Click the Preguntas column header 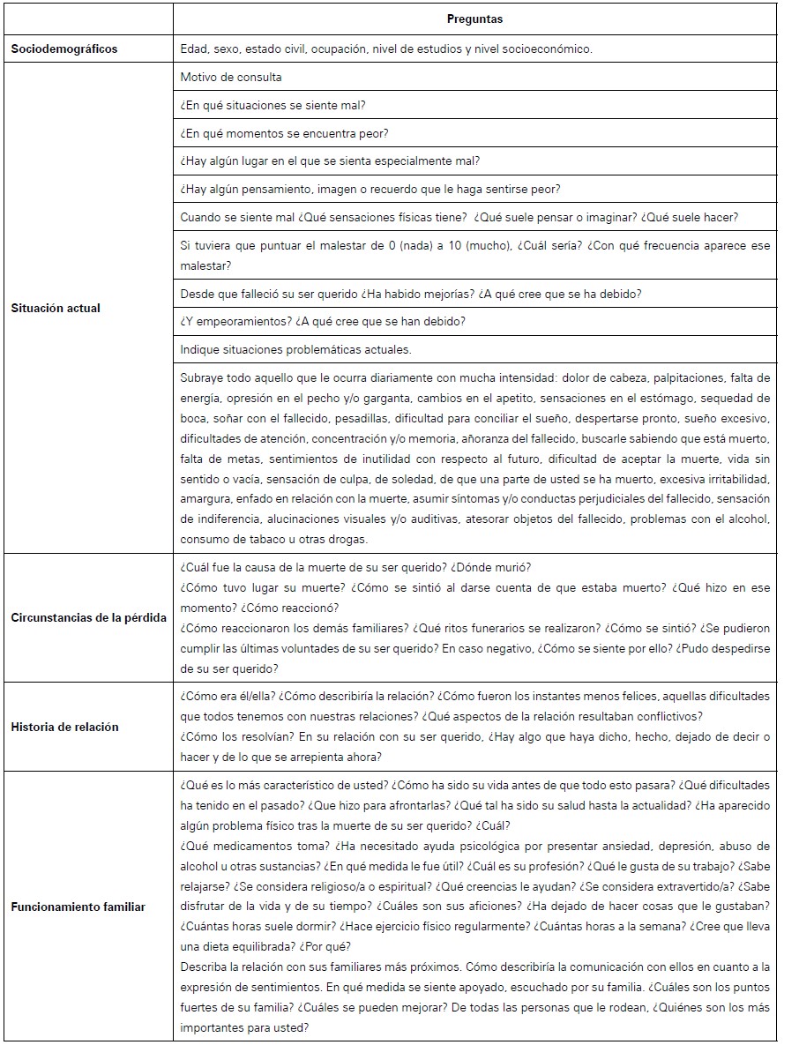pyautogui.click(x=474, y=19)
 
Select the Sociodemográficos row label pyautogui.click(x=64, y=49)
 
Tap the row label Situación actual pyautogui.click(x=56, y=308)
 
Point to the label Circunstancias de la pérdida pyautogui.click(x=88, y=617)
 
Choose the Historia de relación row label pyautogui.click(x=64, y=727)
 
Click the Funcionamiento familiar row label pyautogui.click(x=78, y=907)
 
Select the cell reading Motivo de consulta pyautogui.click(x=231, y=77)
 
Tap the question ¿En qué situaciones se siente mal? pyautogui.click(x=273, y=105)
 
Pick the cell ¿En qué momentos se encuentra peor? pyautogui.click(x=284, y=133)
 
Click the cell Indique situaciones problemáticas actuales pyautogui.click(x=295, y=349)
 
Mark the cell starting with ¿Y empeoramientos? pyautogui.click(x=323, y=321)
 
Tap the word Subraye pyautogui.click(x=205, y=377)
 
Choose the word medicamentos pyautogui.click(x=242, y=846)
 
